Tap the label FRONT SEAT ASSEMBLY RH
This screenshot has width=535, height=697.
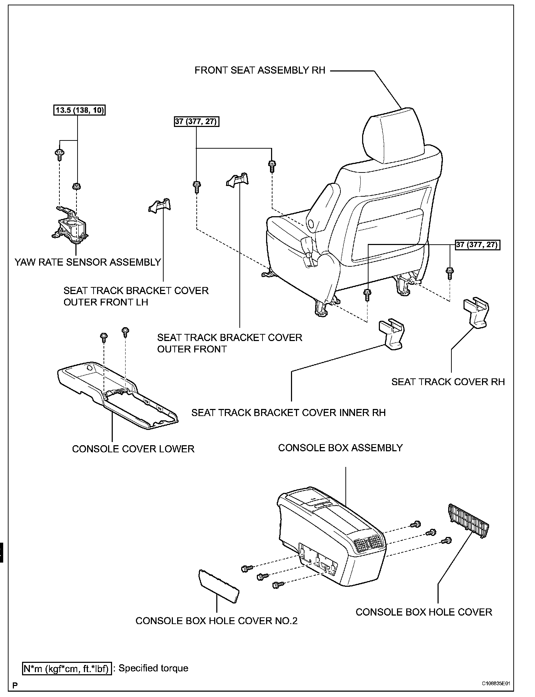260,70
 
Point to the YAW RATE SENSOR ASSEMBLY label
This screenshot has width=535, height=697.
88,262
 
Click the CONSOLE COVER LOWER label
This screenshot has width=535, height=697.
133,449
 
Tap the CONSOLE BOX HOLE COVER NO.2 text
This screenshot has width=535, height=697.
216,621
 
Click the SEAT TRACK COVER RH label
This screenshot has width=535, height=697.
448,382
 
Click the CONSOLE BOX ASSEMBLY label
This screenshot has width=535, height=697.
340,448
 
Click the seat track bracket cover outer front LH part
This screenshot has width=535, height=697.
160,206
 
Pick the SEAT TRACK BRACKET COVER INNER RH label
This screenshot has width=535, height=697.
288,413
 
